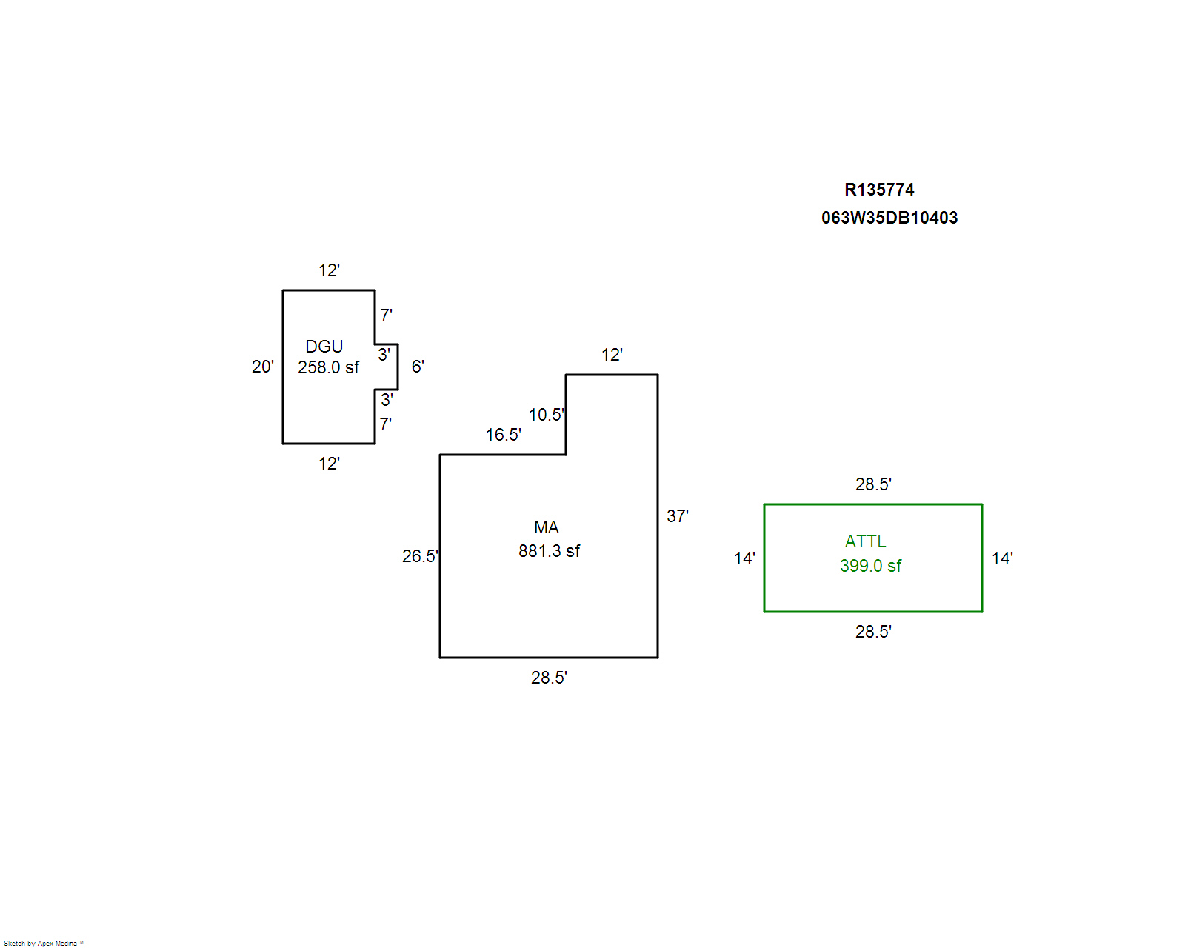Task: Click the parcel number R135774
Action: pos(879,190)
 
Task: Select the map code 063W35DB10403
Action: pos(889,218)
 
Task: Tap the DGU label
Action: pos(324,347)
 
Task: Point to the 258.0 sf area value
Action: pos(328,367)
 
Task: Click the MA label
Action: pos(547,527)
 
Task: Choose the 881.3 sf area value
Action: pos(549,551)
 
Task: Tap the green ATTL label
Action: pos(866,541)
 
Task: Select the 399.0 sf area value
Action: pos(870,566)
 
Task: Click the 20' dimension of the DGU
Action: pos(263,367)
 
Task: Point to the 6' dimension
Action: pos(418,367)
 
